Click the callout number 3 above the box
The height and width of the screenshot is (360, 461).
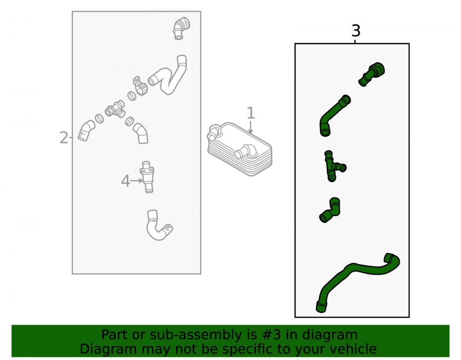pyautogui.click(x=356, y=30)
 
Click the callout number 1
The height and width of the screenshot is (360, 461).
pyautogui.click(x=250, y=113)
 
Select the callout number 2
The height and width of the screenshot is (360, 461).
pyautogui.click(x=64, y=138)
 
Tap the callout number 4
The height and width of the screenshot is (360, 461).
pyautogui.click(x=125, y=181)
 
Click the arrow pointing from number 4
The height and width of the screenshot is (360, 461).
pyautogui.click(x=136, y=181)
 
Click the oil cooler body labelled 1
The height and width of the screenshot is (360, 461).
pyautogui.click(x=240, y=149)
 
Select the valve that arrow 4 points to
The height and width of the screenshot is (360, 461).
pyautogui.click(x=148, y=177)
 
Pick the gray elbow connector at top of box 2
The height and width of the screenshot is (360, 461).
pyautogui.click(x=181, y=28)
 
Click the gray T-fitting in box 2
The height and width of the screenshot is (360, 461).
pyautogui.click(x=115, y=109)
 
